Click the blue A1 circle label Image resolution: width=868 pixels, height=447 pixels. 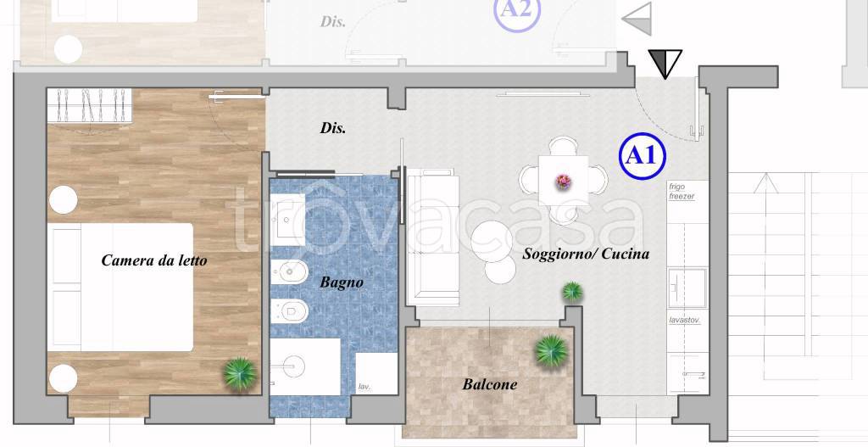pos(642,156)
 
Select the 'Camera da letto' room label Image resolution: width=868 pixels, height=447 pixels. pos(154,260)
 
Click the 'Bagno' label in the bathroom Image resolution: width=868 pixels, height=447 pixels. pos(342,282)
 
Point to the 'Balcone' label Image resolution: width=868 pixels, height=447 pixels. pos(490,384)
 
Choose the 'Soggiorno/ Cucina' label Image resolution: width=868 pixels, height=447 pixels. pos(586,254)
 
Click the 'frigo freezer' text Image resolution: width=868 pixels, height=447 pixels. pos(682,192)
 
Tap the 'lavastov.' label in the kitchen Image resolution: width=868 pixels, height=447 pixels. pos(685,320)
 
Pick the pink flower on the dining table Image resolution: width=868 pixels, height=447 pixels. pos(564,182)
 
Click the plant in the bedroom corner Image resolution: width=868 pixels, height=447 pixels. pos(240,374)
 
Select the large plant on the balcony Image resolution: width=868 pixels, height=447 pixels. pos(551,351)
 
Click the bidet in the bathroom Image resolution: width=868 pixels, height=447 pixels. pos(289,271)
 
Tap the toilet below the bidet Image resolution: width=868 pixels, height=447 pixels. pos(289,310)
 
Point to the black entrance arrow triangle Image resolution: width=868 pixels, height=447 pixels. pos(665,63)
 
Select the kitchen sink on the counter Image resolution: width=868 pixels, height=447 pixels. pos(687,288)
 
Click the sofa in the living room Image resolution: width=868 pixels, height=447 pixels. pos(433,237)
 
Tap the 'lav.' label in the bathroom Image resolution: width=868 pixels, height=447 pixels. pos(364,387)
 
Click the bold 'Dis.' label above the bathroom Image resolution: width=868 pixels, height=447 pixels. pos(332,128)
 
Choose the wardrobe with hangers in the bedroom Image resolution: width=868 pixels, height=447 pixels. pos(90,105)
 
